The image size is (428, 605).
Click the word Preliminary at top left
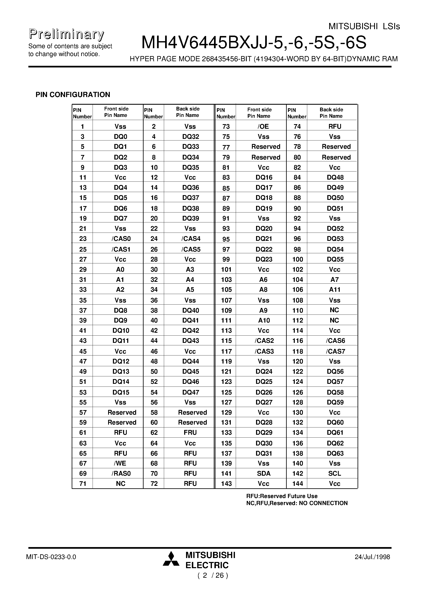(x=66, y=35)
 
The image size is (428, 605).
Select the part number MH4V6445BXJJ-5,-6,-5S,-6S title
(x=254, y=43)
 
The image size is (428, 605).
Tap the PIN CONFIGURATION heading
(x=73, y=95)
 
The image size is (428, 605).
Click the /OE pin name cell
(x=263, y=126)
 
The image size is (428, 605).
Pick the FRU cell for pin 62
(x=190, y=433)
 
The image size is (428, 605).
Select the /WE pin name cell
(x=120, y=463)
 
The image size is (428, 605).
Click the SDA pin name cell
(x=264, y=474)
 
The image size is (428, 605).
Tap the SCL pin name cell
(x=335, y=474)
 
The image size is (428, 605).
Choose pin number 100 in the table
(x=297, y=259)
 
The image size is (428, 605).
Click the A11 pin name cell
(x=335, y=290)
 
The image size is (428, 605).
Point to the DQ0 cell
(x=120, y=137)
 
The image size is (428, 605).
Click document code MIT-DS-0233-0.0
(x=51, y=557)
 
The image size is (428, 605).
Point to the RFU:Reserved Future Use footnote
(x=282, y=496)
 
